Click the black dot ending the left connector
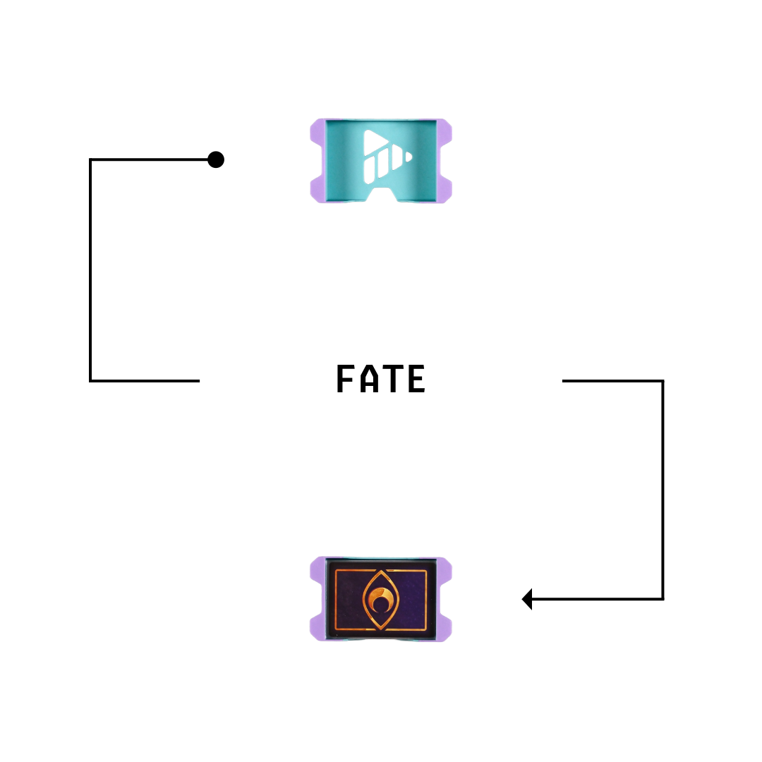[216, 159]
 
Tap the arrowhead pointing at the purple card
[527, 599]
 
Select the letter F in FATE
[344, 378]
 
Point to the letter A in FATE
[369, 378]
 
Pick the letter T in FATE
[393, 378]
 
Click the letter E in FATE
[416, 378]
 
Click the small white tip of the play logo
[409, 157]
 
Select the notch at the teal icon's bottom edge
[382, 194]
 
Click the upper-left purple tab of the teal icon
[317, 131]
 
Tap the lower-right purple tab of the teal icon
[445, 190]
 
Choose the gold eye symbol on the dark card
[381, 600]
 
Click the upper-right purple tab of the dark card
[445, 570]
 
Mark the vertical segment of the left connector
[90, 270]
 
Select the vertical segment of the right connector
[663, 490]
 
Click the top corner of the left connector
[90, 159]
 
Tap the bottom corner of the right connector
[663, 599]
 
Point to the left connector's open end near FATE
[199, 381]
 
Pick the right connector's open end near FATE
[563, 381]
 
